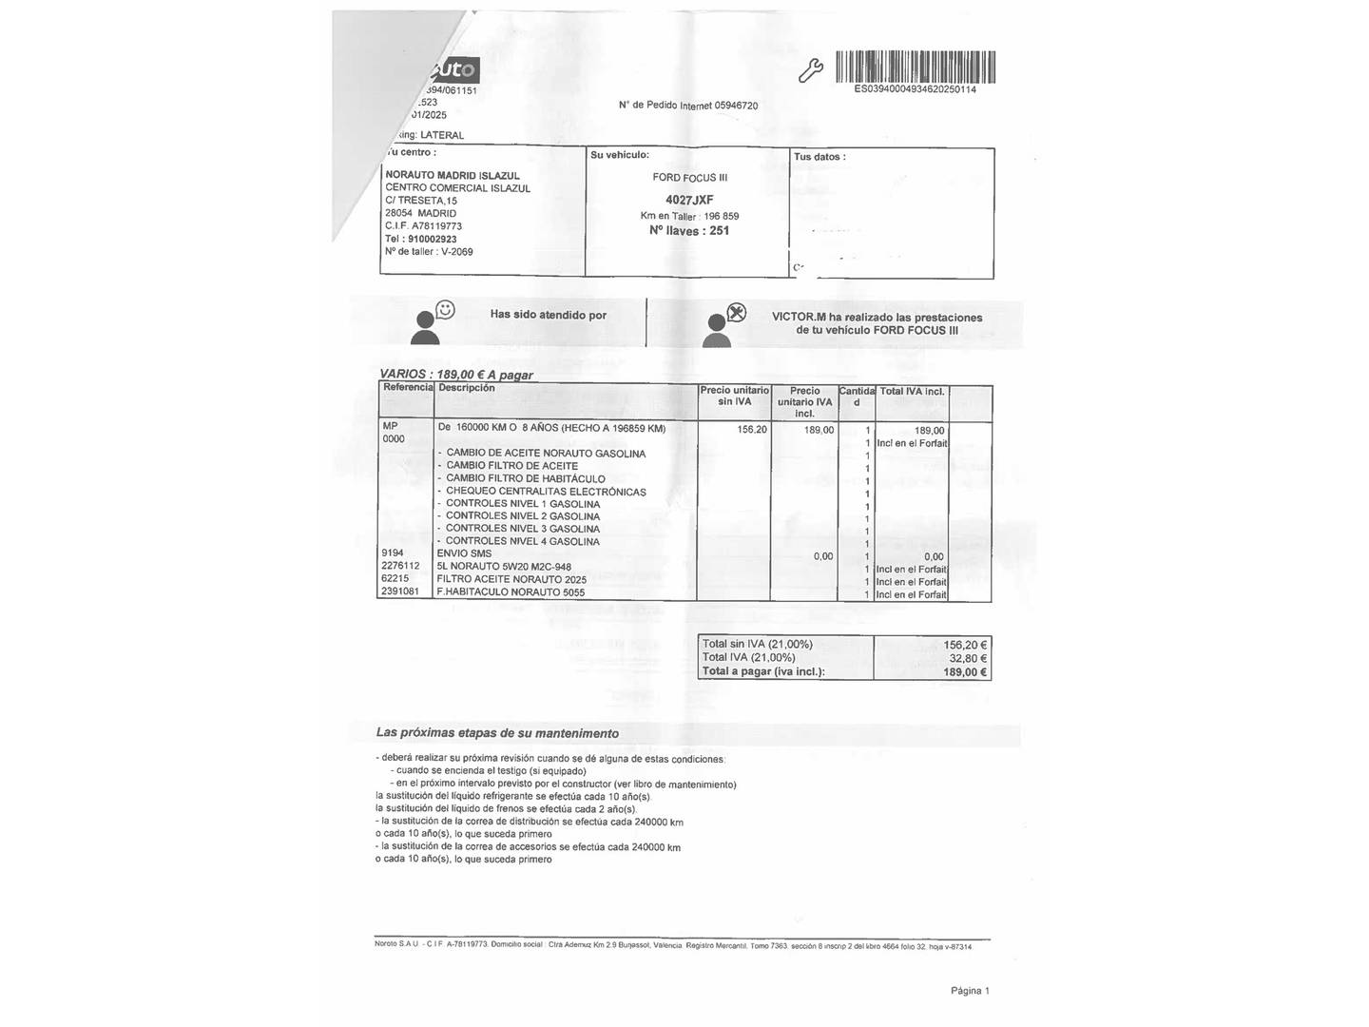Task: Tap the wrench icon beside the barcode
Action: pyautogui.click(x=810, y=69)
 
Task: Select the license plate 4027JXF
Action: pyautogui.click(x=689, y=200)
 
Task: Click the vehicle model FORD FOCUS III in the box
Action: pyautogui.click(x=689, y=178)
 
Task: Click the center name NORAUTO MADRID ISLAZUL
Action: pyautogui.click(x=453, y=175)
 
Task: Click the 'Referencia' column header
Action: pyautogui.click(x=407, y=388)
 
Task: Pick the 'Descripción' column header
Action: pyautogui.click(x=466, y=388)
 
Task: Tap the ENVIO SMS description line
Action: pyautogui.click(x=464, y=553)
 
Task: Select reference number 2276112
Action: pyautogui.click(x=400, y=566)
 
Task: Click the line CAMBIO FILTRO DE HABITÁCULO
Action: pyautogui.click(x=526, y=479)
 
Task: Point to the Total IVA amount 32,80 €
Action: pyautogui.click(x=969, y=658)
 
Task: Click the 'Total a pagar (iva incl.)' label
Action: pyautogui.click(x=762, y=671)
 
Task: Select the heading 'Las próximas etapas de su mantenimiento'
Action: pyautogui.click(x=497, y=733)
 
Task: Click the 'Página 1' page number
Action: pyautogui.click(x=970, y=991)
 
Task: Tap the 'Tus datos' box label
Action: pyautogui.click(x=819, y=157)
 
